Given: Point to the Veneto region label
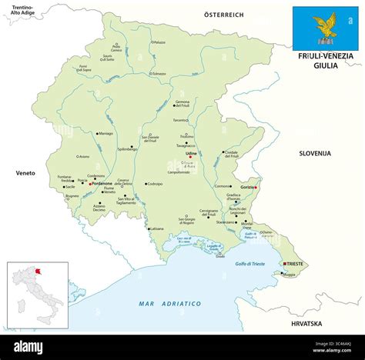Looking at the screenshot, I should [26, 173].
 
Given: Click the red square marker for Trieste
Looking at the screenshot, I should [285, 264].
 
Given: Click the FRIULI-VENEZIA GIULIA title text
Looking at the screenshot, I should [326, 61].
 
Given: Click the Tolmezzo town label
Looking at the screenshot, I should [159, 74].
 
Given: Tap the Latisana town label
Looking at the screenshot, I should [157, 228].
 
